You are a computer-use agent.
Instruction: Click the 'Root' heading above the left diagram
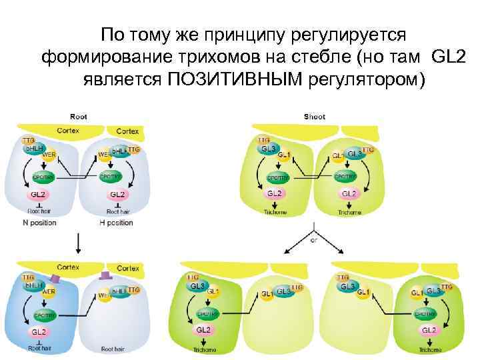79,117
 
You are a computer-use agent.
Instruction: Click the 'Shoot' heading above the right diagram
314,117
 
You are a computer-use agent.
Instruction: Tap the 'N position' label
39,223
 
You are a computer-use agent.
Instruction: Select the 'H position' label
117,223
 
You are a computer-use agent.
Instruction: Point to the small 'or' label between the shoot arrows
313,241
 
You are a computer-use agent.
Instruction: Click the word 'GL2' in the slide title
450,56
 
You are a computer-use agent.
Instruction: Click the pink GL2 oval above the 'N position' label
39,194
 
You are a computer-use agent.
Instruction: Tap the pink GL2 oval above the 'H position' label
117,194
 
